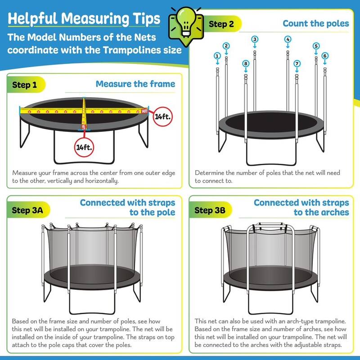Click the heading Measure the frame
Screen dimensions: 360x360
(135, 84)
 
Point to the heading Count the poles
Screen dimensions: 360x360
(316, 23)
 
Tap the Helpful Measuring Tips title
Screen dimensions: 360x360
(84, 18)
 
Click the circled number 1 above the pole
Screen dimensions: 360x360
(217, 56)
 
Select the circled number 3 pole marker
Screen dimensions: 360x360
(255, 39)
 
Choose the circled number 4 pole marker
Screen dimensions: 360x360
(288, 39)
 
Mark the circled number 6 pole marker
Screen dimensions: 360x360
(325, 56)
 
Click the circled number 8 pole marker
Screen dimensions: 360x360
(245, 64)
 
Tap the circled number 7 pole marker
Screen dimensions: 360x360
(297, 64)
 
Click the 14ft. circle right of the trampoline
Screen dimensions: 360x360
(162, 116)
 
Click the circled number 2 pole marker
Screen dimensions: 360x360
(226, 45)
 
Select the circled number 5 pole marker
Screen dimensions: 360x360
(316, 45)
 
